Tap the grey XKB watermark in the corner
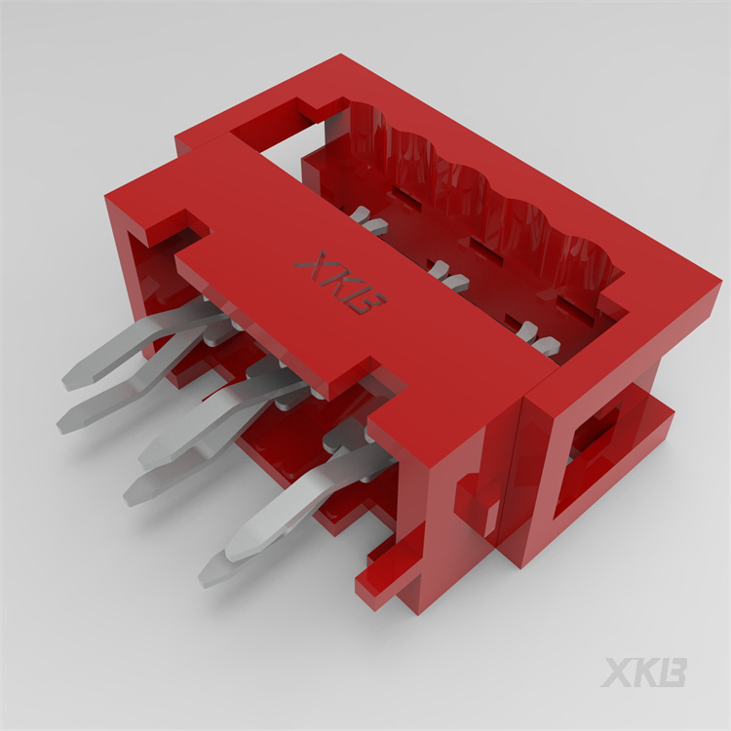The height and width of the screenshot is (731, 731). [644, 673]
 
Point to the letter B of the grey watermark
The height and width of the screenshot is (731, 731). [673, 673]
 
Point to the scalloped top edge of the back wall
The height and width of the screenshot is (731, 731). [487, 171]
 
